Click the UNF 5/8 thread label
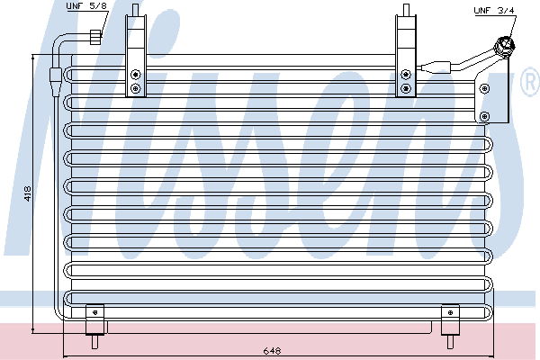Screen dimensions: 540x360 86,6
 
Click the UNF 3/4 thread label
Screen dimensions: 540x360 494,11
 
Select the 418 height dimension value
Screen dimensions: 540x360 28,194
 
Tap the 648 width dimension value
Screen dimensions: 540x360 272,351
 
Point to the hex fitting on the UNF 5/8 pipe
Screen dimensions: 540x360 95,37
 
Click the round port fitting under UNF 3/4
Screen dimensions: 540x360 504,46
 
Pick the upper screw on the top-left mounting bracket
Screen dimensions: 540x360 136,75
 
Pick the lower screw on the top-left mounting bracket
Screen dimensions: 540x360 136,88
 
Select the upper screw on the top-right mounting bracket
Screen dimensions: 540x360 406,75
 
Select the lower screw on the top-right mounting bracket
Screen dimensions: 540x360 406,88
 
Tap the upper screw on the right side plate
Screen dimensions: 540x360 485,88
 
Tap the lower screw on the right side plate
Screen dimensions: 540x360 485,116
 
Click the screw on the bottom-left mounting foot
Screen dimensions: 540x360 95,312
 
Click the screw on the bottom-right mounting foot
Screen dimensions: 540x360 450,312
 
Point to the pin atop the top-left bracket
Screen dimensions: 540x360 135,10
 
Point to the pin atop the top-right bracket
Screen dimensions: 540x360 406,10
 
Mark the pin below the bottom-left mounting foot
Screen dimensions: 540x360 95,341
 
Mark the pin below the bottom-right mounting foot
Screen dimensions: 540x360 450,341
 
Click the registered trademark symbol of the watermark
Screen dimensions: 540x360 531,82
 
